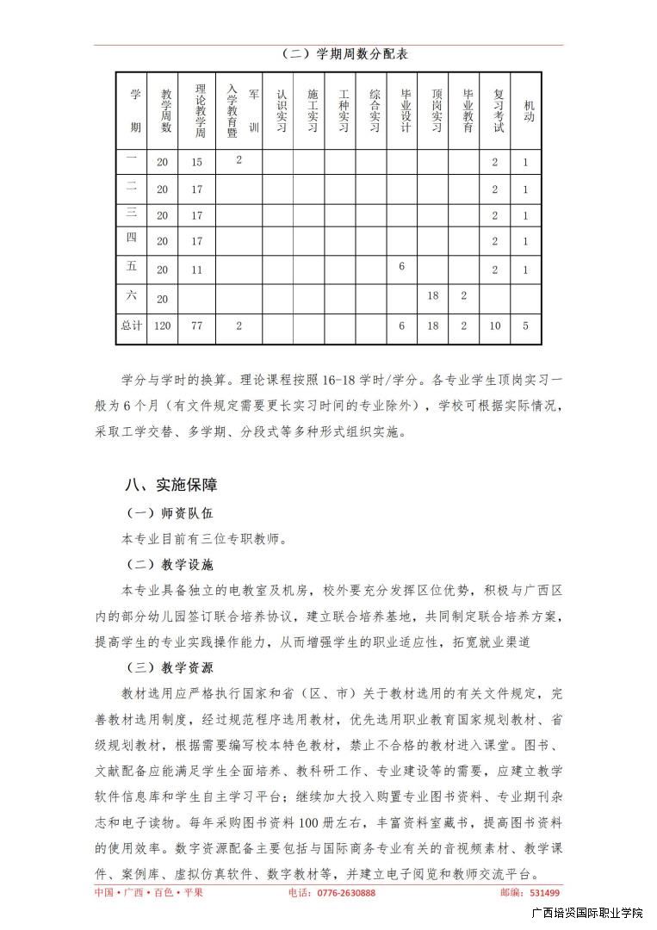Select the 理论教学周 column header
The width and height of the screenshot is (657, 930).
200,110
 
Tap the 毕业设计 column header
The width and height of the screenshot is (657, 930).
402,110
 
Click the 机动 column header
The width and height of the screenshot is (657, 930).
526,110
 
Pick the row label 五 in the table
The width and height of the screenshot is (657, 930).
132,268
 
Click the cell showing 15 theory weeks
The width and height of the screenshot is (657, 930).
197,162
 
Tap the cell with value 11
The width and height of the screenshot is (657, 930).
197,270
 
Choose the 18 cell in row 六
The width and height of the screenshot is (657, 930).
433,295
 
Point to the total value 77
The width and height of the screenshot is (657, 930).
197,326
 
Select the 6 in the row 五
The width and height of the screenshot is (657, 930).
402,267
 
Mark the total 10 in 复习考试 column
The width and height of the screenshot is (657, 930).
495,326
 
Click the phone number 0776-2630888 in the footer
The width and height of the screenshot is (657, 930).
344,893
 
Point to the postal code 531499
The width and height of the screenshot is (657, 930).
544,893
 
